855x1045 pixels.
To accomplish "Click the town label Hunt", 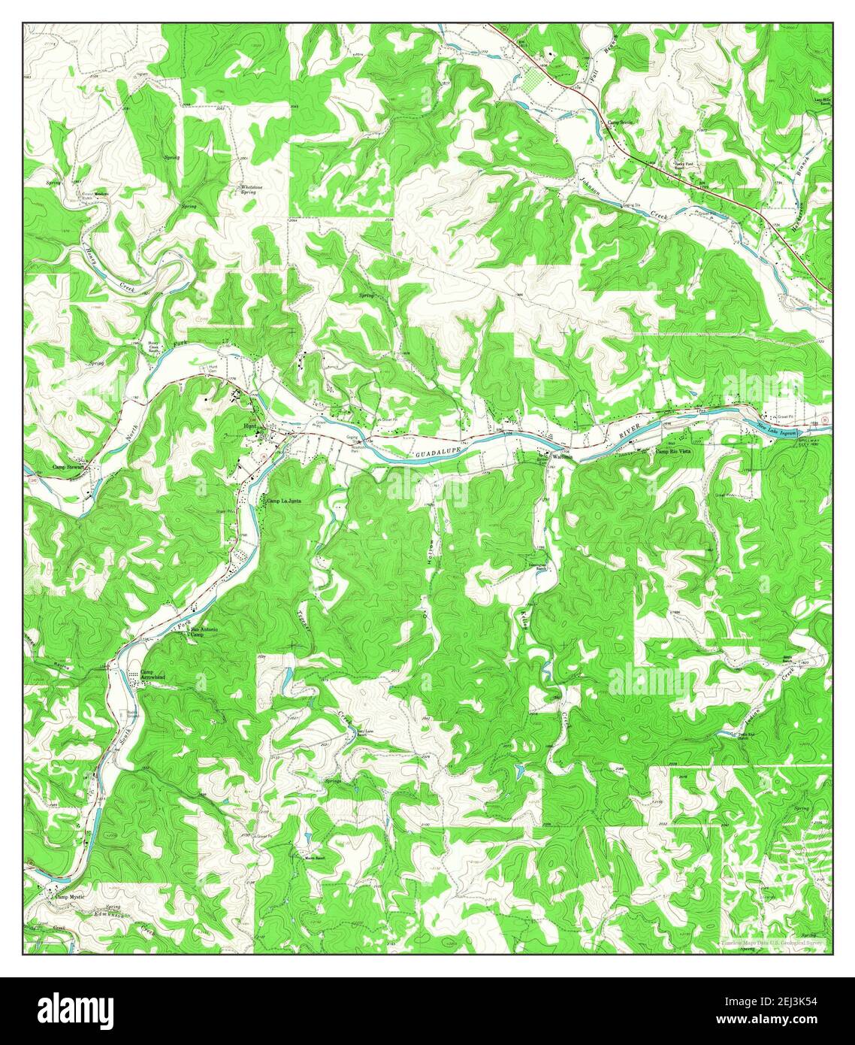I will click(249, 426).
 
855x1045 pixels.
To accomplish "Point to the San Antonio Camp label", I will click(204, 632).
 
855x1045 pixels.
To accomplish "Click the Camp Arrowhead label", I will click(153, 674).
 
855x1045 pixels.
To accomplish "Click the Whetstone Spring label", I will click(249, 189).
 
